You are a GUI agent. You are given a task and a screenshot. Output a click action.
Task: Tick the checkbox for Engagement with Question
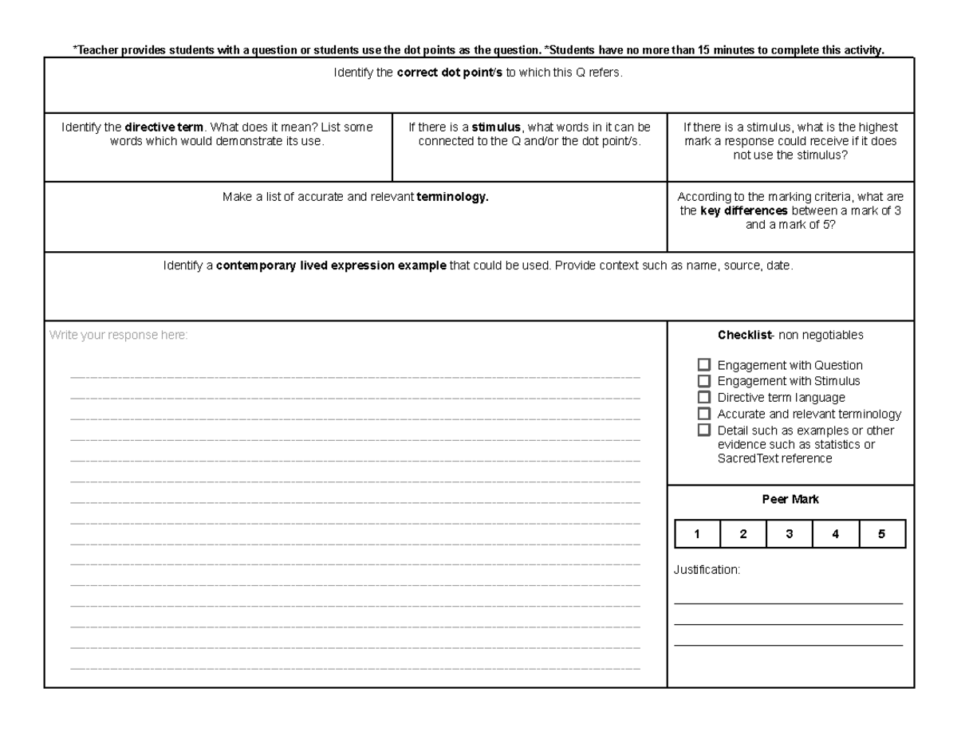(703, 365)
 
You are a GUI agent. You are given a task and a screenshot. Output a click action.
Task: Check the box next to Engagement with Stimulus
(703, 381)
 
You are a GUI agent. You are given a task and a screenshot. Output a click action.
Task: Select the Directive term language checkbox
(703, 397)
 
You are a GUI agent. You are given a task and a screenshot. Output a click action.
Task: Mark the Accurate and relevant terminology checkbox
(703, 414)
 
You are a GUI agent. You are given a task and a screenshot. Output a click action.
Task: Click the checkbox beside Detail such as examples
(703, 430)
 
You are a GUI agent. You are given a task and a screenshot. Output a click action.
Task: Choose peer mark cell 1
(697, 535)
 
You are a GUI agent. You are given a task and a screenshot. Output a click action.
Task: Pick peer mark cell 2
(743, 535)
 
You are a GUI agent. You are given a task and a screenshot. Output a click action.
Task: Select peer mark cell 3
(790, 535)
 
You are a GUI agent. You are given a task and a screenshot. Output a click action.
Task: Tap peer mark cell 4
(835, 535)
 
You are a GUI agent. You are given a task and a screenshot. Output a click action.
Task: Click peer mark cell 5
(882, 535)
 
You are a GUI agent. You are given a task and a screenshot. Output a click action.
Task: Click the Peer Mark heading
(790, 500)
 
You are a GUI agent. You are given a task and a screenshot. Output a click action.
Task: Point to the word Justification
(707, 571)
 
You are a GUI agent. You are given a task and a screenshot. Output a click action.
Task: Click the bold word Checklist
(739, 336)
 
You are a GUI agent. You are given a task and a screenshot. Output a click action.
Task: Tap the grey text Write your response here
(118, 336)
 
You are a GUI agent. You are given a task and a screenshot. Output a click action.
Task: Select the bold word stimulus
(496, 128)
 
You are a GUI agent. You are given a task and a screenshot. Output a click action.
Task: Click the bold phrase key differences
(744, 211)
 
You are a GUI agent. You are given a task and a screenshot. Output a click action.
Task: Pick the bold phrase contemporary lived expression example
(331, 266)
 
